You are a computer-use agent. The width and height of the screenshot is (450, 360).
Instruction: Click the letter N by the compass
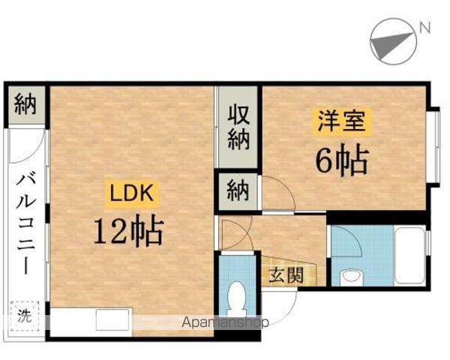(424, 29)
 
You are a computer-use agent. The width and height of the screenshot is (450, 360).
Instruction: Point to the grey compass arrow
(394, 43)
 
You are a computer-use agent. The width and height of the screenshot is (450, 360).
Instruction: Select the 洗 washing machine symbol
(25, 315)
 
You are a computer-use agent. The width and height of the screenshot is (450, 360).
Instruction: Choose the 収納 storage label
(238, 127)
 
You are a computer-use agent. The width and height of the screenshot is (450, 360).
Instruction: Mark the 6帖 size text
(341, 160)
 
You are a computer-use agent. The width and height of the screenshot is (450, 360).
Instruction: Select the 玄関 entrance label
(286, 274)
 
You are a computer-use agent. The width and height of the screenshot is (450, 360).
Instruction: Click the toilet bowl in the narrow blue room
(237, 297)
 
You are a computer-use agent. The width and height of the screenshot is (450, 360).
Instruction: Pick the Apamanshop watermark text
(224, 322)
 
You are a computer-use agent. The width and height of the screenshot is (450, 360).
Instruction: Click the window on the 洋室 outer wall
(433, 146)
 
